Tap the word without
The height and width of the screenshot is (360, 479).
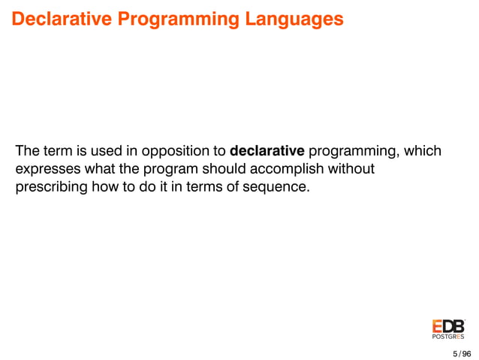click(x=352, y=169)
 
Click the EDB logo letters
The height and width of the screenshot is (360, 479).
click(x=448, y=327)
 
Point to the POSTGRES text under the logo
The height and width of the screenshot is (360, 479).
click(x=448, y=337)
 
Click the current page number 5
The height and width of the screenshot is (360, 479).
click(x=454, y=352)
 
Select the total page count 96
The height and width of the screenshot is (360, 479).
click(x=467, y=352)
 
